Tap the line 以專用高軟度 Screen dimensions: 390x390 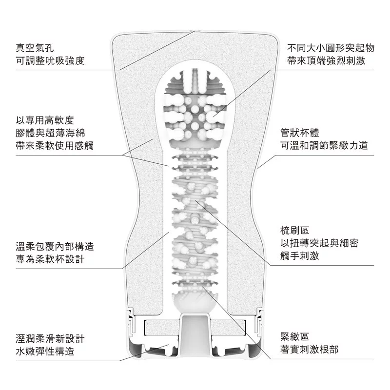click(x=44, y=119)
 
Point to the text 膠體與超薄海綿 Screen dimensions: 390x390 click(x=50, y=132)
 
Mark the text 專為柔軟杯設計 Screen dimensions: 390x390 click(x=50, y=259)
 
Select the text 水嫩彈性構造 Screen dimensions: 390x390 click(x=44, y=351)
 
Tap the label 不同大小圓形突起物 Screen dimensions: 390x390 click(x=331, y=48)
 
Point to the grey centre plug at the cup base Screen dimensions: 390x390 click(x=195, y=336)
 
